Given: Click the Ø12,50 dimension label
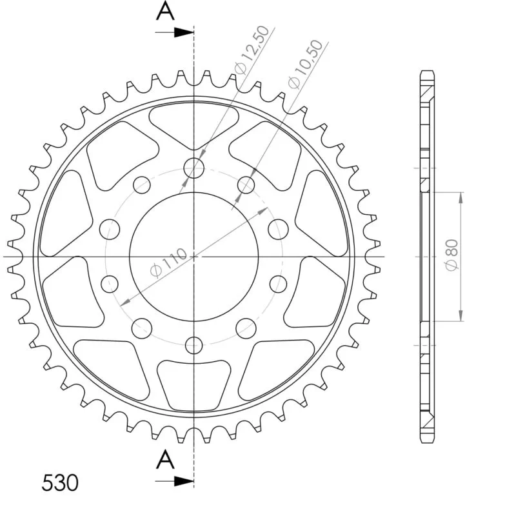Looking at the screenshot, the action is click(x=252, y=50).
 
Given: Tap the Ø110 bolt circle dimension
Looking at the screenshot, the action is click(x=168, y=263).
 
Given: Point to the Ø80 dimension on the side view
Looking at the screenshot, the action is click(x=452, y=255).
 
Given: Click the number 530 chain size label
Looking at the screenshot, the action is click(x=60, y=483).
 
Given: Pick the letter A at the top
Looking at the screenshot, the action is click(x=165, y=10).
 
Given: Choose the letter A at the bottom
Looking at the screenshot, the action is click(x=165, y=460).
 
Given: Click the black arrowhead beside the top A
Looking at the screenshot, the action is click(x=184, y=32).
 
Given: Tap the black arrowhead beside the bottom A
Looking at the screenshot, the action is click(x=184, y=481).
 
